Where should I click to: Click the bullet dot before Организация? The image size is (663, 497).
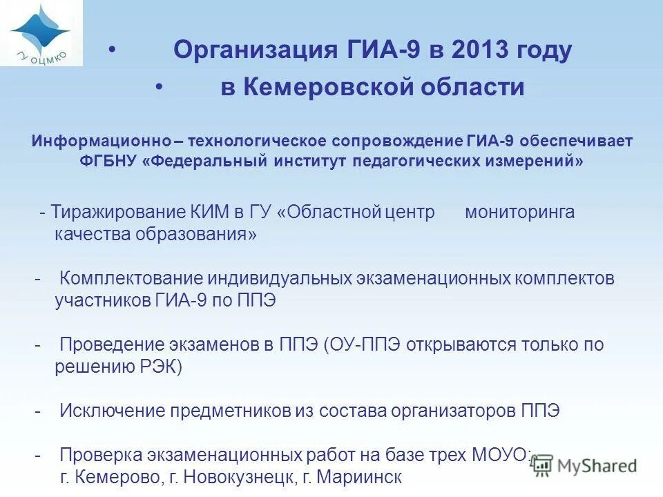112,50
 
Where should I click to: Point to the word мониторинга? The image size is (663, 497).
519,212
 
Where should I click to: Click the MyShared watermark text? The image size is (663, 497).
598,466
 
